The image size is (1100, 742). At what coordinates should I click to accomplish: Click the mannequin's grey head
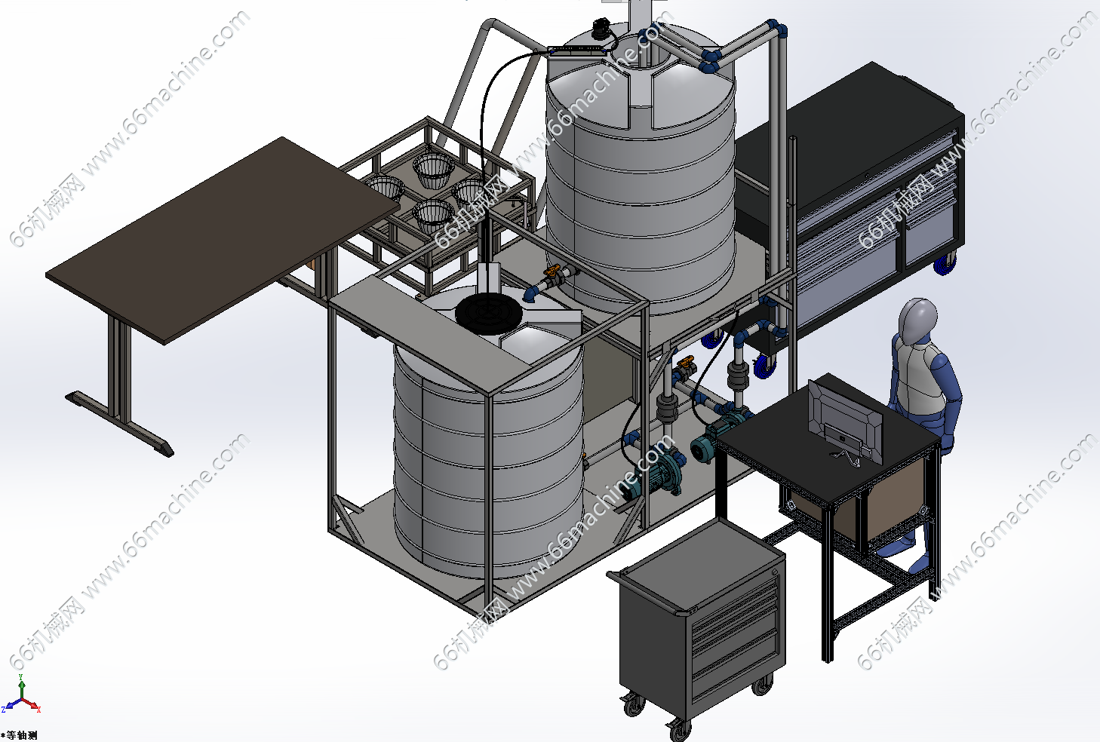[917, 321]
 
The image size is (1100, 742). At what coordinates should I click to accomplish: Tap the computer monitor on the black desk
[846, 422]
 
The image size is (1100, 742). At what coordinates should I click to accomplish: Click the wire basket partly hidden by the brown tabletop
[385, 189]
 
